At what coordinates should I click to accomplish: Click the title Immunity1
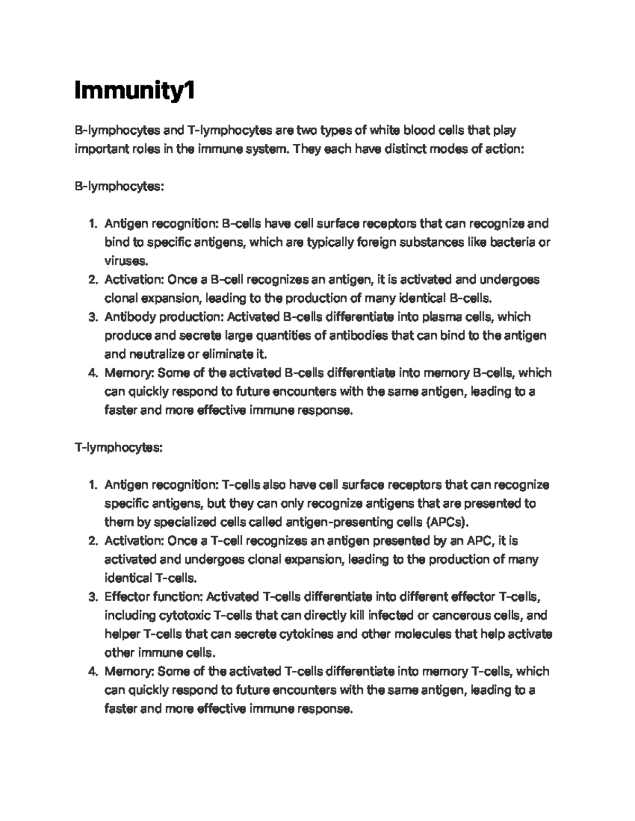135,91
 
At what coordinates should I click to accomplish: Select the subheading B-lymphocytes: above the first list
119,187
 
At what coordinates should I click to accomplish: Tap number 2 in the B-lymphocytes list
93,280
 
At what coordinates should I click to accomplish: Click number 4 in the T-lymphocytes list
93,672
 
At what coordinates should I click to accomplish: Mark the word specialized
185,522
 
